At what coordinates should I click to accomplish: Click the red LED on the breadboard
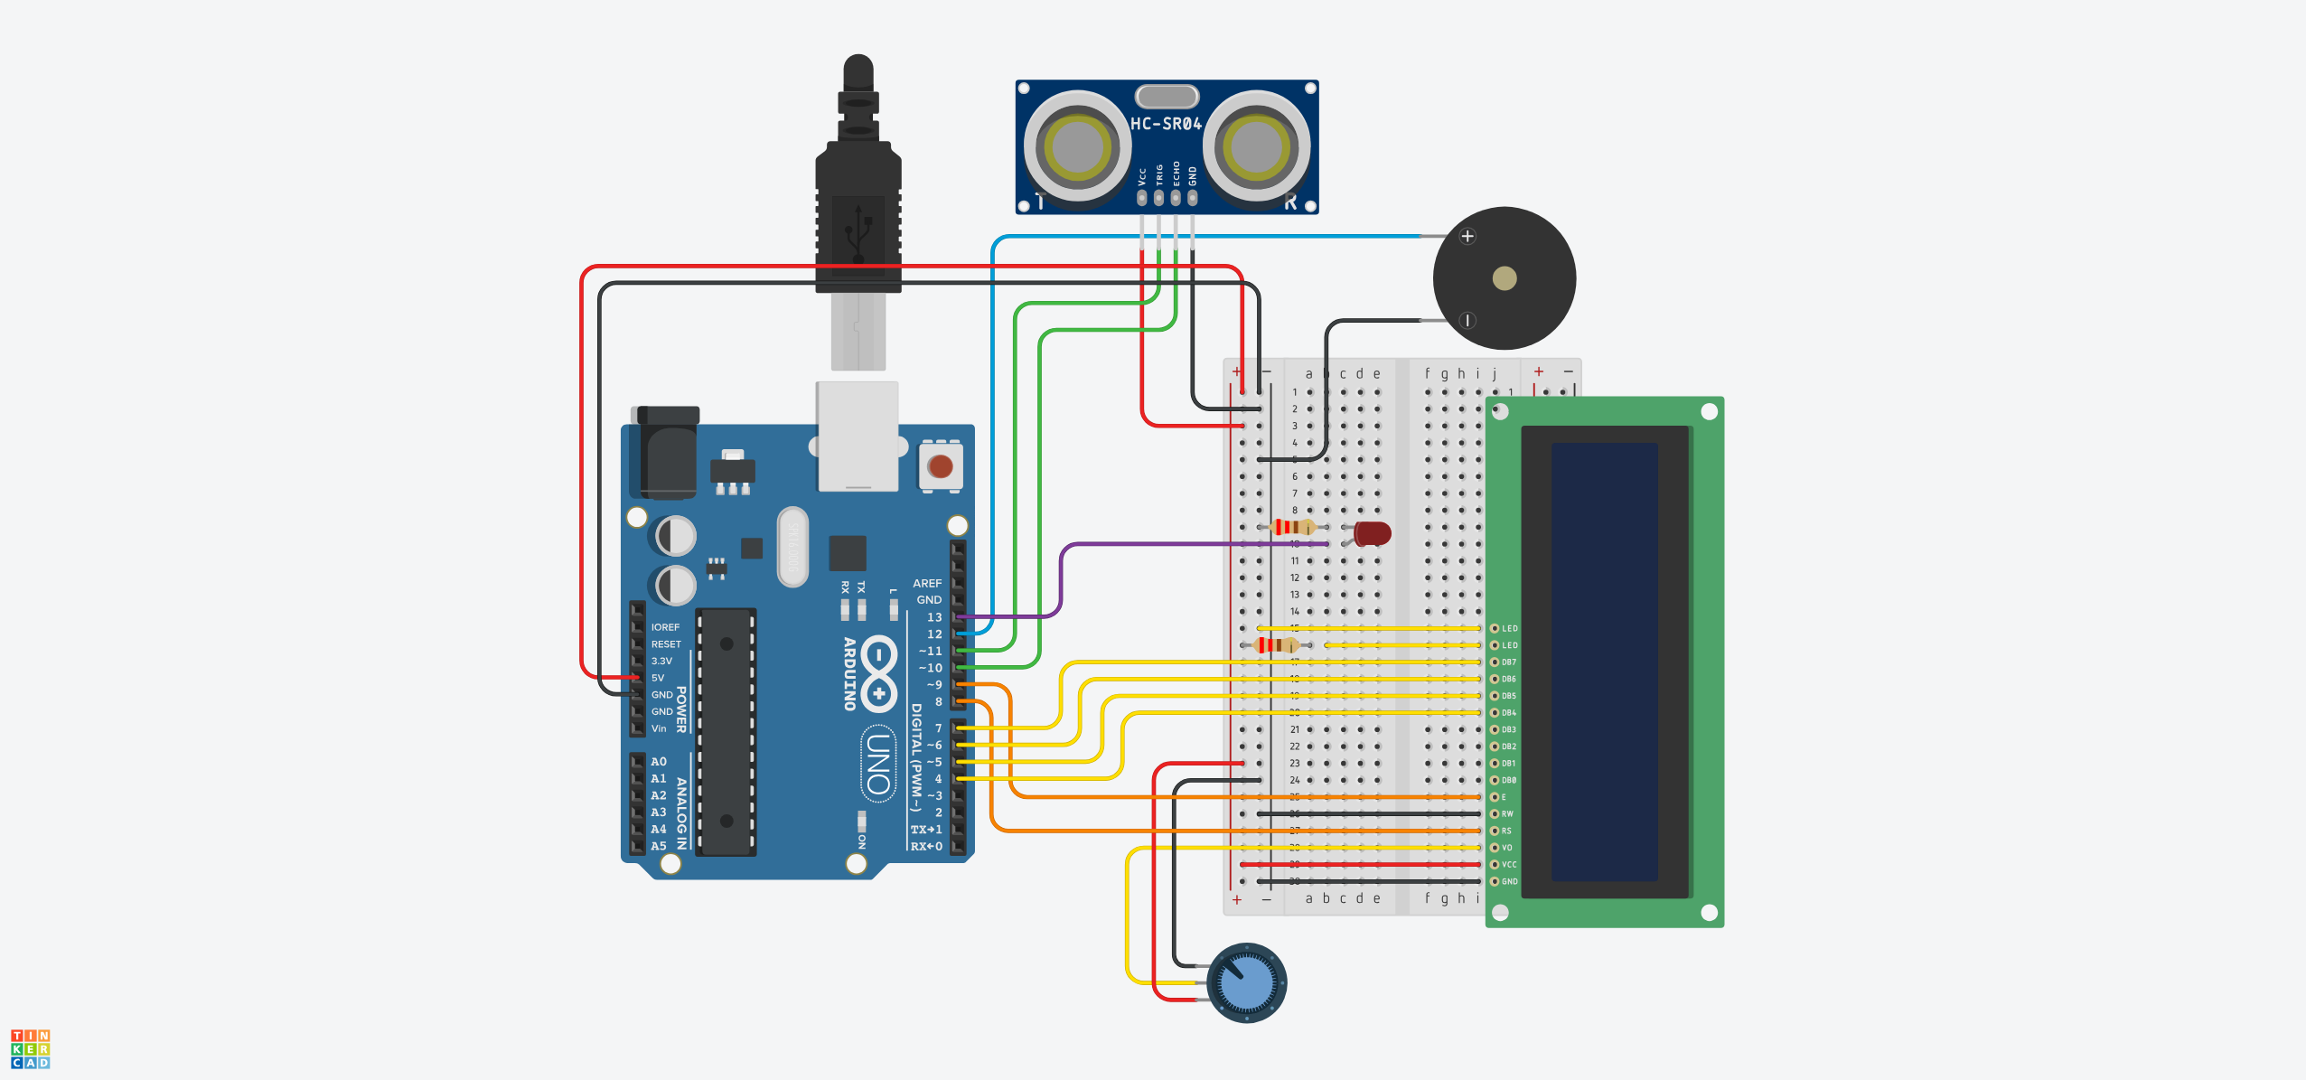[1372, 533]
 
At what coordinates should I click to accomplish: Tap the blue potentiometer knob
[1247, 982]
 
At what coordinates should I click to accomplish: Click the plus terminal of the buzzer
[1467, 237]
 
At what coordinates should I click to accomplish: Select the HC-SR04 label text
[1167, 124]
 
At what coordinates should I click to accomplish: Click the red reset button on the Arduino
[941, 466]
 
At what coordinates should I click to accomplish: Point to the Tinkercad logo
[30, 1048]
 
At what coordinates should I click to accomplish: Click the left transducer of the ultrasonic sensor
[1076, 146]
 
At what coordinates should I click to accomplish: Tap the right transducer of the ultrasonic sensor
[1257, 146]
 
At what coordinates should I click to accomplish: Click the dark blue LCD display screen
[1605, 662]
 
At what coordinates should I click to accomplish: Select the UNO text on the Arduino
[877, 764]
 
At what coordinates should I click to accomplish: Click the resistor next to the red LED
[1292, 527]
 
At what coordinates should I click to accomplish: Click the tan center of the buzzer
[1505, 278]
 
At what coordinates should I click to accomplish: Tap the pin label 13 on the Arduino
[934, 617]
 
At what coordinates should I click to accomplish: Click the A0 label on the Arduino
[659, 762]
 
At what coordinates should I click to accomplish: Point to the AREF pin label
[927, 584]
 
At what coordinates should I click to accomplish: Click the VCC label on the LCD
[1509, 865]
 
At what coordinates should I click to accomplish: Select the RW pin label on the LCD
[1507, 814]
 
